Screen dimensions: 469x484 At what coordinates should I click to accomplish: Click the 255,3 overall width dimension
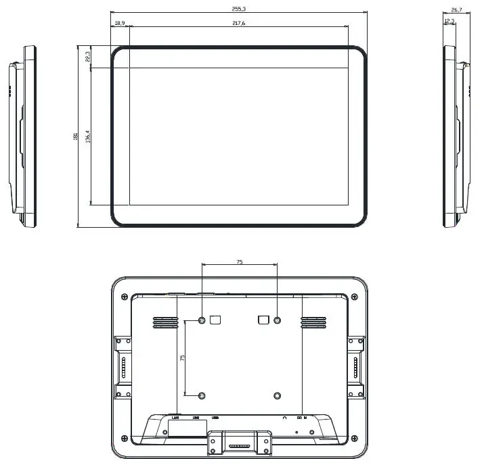(238, 9)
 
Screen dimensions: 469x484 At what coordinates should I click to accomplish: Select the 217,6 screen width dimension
(238, 23)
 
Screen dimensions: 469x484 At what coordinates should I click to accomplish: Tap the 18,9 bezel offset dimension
(120, 23)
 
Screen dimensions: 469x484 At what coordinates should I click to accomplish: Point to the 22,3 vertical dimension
(88, 57)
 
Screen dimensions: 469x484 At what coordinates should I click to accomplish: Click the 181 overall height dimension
(75, 137)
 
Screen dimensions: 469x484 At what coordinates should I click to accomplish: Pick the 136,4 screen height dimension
(88, 137)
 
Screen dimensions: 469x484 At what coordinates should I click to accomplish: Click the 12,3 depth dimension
(449, 22)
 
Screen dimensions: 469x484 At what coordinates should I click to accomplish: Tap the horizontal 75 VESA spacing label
(240, 261)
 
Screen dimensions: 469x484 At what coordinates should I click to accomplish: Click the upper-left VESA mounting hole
(202, 320)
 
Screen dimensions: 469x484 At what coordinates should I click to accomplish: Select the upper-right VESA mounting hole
(277, 320)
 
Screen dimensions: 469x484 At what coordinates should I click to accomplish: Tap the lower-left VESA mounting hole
(202, 395)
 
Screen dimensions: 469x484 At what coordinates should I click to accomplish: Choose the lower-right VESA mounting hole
(277, 395)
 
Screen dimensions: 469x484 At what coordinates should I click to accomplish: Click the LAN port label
(175, 417)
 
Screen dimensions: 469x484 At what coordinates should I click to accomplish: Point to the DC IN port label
(302, 417)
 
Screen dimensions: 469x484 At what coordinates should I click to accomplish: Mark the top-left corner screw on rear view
(123, 297)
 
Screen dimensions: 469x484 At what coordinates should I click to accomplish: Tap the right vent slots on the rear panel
(313, 323)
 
